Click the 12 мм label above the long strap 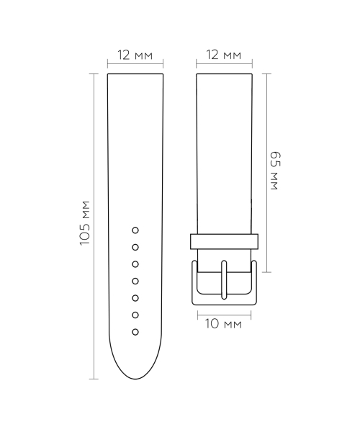pos(136,55)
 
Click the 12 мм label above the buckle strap pos(223,55)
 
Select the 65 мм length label pos(274,171)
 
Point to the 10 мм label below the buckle pos(223,325)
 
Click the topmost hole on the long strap pos(135,230)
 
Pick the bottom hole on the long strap pos(135,331)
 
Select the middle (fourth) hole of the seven pos(135,281)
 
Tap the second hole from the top pos(135,247)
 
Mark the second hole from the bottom pos(135,315)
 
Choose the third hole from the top pos(135,264)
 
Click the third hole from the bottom pos(135,297)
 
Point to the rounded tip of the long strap pos(136,374)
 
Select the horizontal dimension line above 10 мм pos(224,312)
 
